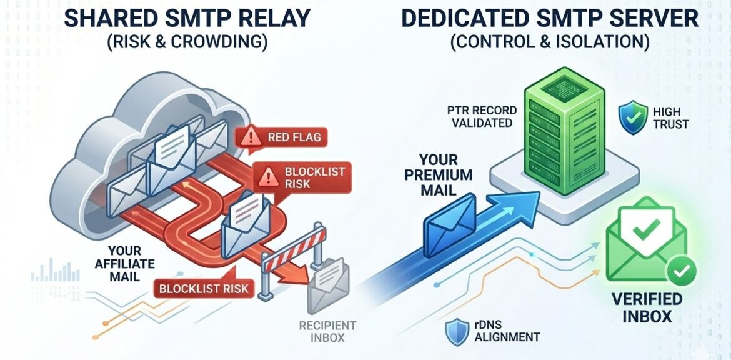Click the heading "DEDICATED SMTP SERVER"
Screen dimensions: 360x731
pos(549,18)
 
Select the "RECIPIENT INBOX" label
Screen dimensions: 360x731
pos(327,331)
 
